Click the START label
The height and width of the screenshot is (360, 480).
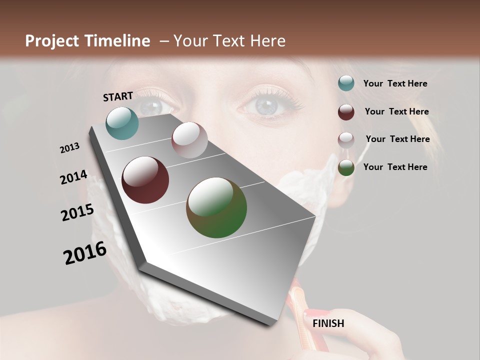coord(118,96)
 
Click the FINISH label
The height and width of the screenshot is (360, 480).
coord(328,323)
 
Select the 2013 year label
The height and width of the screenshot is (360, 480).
coord(70,148)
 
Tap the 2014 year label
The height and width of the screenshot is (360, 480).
coord(73,177)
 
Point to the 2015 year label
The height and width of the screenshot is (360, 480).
coord(77,212)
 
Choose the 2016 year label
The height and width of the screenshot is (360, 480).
coord(85,252)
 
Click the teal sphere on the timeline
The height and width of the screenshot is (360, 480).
coord(122,123)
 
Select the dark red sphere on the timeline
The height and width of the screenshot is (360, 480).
coord(145,180)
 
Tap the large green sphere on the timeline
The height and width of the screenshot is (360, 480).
coord(216,207)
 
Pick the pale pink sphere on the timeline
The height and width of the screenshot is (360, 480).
coord(189,140)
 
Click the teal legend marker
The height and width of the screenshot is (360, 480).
coord(346,83)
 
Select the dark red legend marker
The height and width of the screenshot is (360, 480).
coord(346,112)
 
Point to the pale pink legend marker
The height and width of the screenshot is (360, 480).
coord(346,140)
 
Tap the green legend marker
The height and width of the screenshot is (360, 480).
coord(346,167)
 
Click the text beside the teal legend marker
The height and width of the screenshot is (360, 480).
coord(395,83)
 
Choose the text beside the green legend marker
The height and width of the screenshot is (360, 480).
coord(395,167)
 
